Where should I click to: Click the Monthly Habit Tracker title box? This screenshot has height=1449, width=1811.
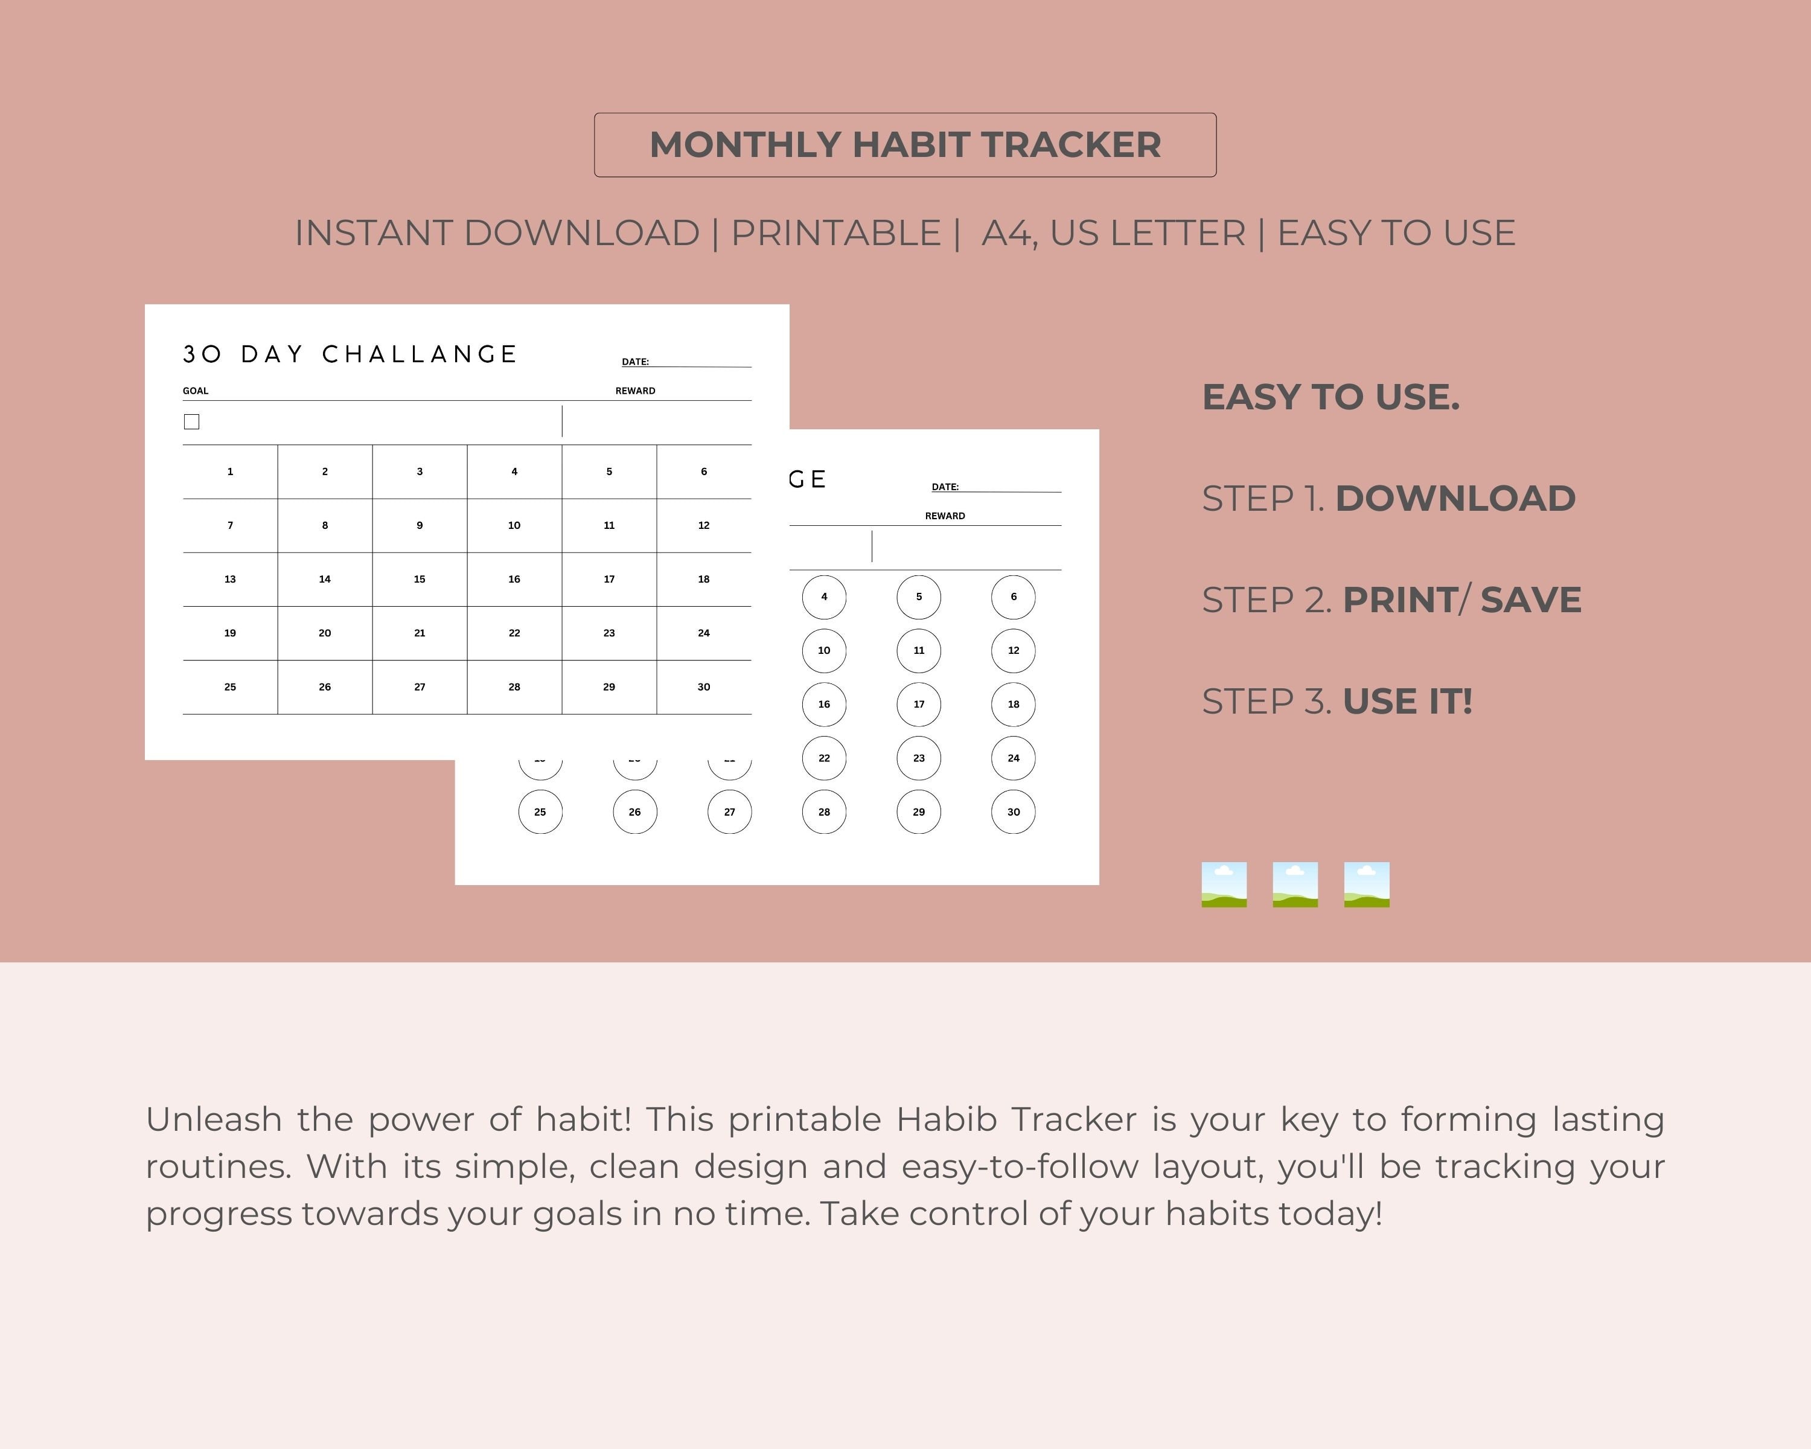tap(905, 144)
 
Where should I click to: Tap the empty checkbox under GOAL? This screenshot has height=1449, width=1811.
tap(191, 421)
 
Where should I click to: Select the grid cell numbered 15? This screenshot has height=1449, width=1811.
tap(419, 579)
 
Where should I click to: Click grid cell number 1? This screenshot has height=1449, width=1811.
tap(230, 472)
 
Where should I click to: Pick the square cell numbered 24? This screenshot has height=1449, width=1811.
tap(703, 633)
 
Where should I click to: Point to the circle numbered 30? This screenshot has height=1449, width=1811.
tap(1013, 811)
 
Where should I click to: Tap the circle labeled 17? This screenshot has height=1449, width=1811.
tap(918, 704)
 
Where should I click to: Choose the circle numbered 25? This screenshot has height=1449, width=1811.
tap(540, 811)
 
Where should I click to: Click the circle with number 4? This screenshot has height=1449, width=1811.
tap(824, 597)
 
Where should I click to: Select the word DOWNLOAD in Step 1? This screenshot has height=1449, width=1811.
tap(1455, 498)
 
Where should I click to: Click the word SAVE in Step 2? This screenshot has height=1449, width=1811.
tap(1530, 600)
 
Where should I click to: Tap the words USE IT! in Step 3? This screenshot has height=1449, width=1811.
tap(1407, 702)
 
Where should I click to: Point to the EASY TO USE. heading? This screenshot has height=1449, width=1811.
tap(1330, 397)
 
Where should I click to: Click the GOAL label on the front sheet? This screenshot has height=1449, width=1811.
tap(196, 391)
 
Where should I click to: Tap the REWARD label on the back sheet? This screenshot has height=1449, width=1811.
tap(945, 516)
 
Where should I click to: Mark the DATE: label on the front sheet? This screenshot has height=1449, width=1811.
tap(635, 362)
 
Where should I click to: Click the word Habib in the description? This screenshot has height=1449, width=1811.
tap(946, 1120)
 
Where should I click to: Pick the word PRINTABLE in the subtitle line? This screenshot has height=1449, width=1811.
tap(836, 232)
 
